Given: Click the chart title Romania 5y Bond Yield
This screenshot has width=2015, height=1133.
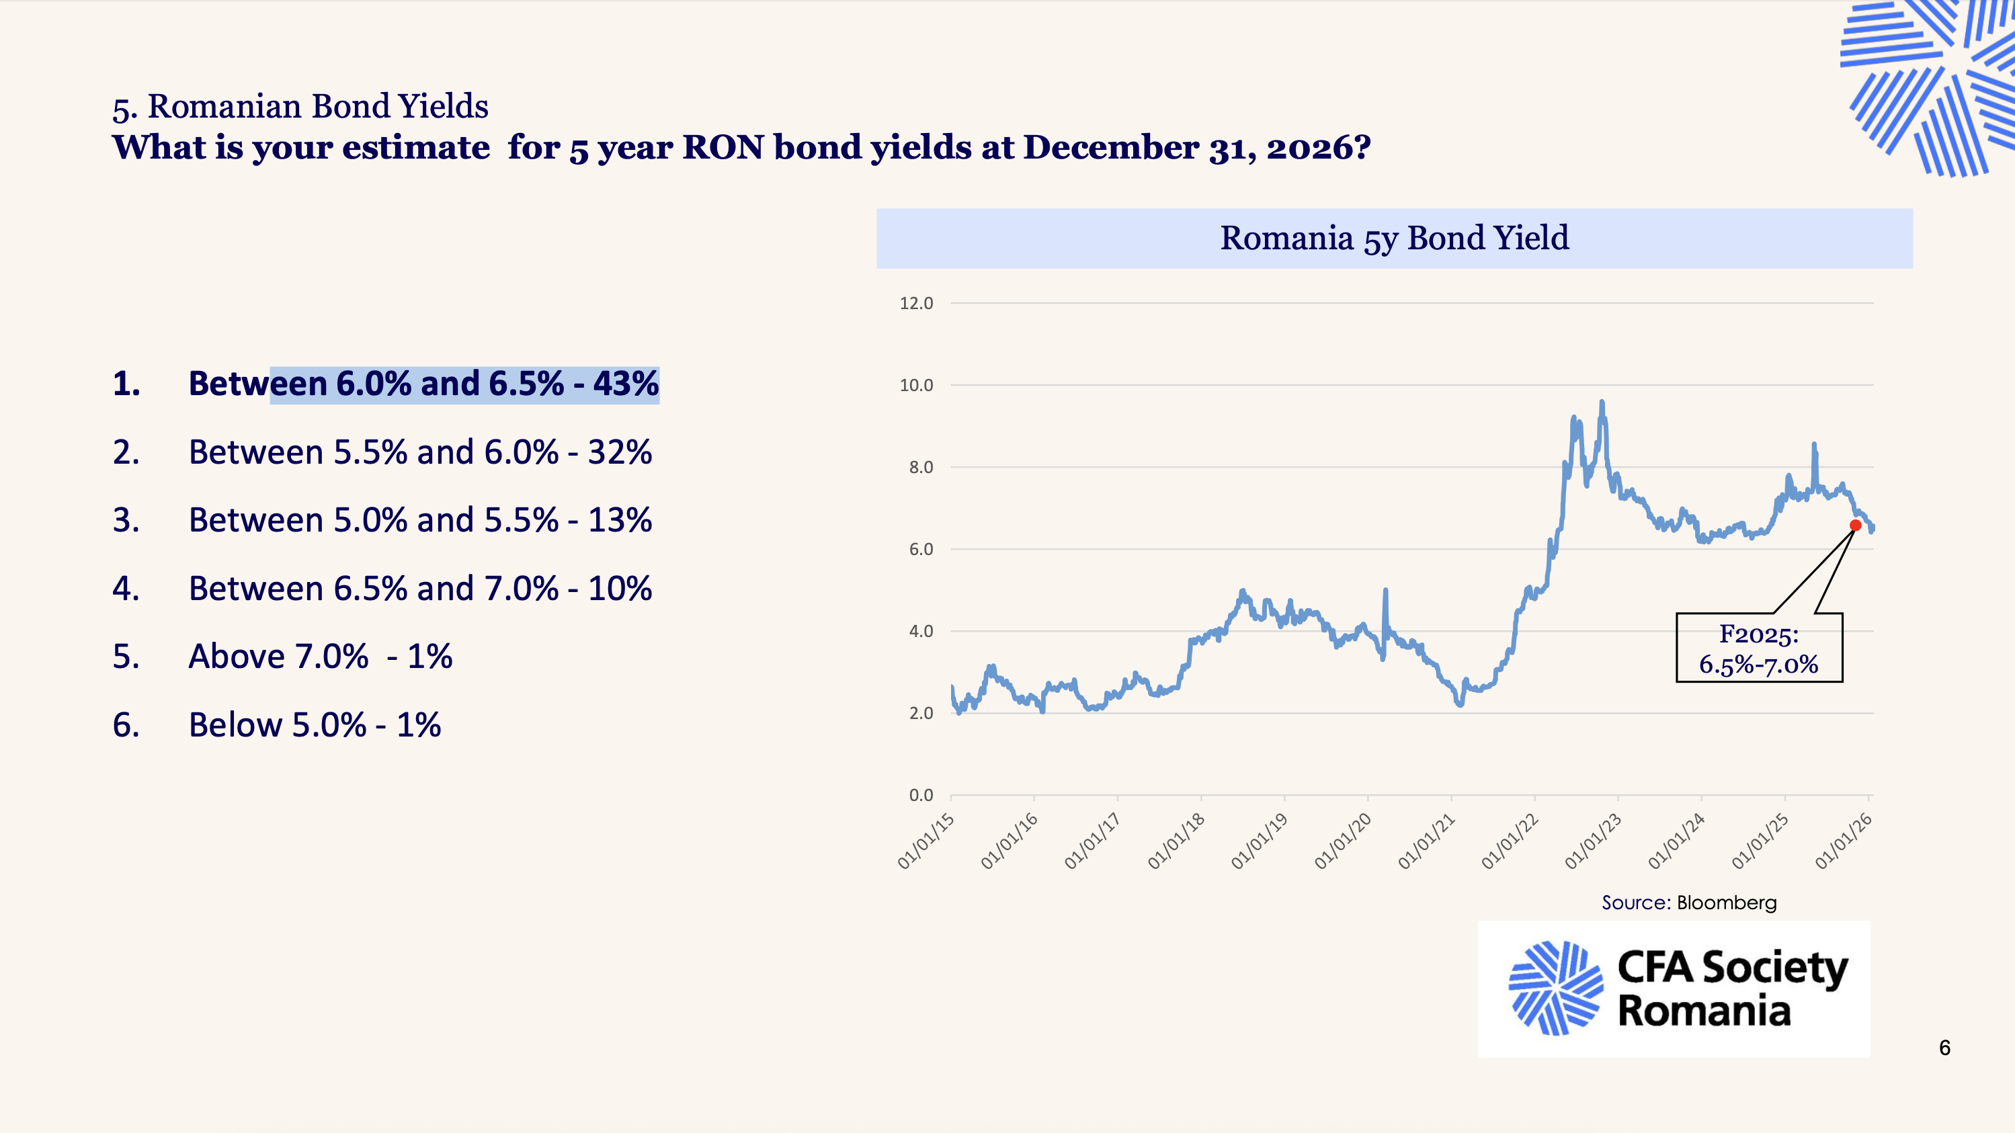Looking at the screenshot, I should (x=1394, y=238).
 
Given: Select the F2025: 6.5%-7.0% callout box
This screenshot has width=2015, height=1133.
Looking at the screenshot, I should (x=1758, y=648).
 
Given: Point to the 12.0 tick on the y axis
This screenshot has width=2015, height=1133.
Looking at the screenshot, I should (x=916, y=303).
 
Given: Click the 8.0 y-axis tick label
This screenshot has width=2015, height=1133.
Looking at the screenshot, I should (x=920, y=468).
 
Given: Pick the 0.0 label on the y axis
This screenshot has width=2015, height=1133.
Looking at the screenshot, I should (x=920, y=795).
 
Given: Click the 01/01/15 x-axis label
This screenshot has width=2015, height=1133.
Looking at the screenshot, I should (x=926, y=841).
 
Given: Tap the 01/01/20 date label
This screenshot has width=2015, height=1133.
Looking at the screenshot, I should (x=1343, y=841).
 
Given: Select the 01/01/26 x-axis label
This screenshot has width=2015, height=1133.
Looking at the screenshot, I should (x=1844, y=841).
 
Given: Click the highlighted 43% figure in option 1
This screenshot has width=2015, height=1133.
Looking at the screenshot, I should (x=626, y=384).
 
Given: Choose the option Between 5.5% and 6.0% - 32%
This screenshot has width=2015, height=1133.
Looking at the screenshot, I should (x=420, y=453).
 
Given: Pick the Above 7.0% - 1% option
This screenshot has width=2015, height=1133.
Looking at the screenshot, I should (x=320, y=657).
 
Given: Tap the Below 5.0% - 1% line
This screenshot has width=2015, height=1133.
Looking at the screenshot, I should (x=315, y=726).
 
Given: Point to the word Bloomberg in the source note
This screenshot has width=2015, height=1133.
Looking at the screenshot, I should (x=1727, y=903).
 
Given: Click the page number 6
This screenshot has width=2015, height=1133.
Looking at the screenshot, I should (x=1944, y=1048).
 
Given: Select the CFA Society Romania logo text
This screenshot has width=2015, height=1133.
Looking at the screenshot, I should (x=1732, y=989).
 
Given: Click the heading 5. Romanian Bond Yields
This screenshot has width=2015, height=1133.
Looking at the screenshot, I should (x=300, y=106).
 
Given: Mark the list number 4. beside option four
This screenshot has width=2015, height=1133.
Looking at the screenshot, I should (x=126, y=589).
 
